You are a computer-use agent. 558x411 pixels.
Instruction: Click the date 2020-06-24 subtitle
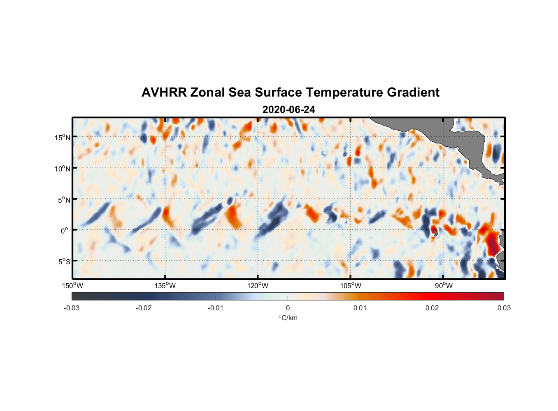pyautogui.click(x=288, y=110)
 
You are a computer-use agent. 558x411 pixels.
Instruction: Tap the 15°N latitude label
pyautogui.click(x=62, y=137)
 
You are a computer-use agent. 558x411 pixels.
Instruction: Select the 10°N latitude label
pyautogui.click(x=62, y=169)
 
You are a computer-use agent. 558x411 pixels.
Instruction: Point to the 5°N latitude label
pyautogui.click(x=64, y=200)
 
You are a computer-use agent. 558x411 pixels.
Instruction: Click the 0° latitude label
pyautogui.click(x=65, y=231)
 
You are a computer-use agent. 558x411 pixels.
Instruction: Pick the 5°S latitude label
pyautogui.click(x=64, y=262)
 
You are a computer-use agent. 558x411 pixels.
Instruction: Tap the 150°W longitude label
pyautogui.click(x=72, y=286)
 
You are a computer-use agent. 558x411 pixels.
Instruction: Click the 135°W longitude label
pyautogui.click(x=165, y=286)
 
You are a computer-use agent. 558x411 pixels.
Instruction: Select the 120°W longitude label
pyautogui.click(x=258, y=286)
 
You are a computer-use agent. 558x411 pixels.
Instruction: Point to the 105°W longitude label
pyautogui.click(x=351, y=286)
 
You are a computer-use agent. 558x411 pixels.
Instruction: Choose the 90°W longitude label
pyautogui.click(x=443, y=286)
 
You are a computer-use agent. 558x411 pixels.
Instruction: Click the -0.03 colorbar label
pyautogui.click(x=72, y=308)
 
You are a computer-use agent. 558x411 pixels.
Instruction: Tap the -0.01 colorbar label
pyautogui.click(x=216, y=308)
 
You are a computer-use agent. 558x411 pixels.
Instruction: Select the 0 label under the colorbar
pyautogui.click(x=288, y=308)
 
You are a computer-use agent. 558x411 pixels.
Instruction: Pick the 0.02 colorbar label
pyautogui.click(x=432, y=308)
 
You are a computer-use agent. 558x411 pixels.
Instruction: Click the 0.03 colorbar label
pyautogui.click(x=504, y=308)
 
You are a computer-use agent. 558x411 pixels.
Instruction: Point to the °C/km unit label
pyautogui.click(x=288, y=318)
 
